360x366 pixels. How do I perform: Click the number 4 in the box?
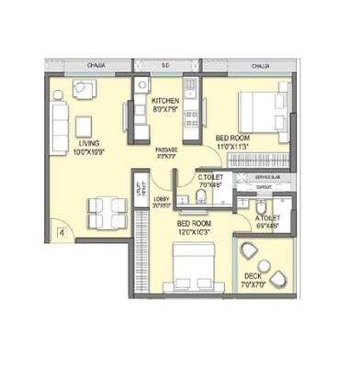(x=62, y=233)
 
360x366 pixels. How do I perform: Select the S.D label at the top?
(x=165, y=64)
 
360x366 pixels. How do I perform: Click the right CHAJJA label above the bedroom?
(x=253, y=64)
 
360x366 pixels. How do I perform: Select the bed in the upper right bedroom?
(x=263, y=114)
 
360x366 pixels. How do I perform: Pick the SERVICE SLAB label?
(x=268, y=176)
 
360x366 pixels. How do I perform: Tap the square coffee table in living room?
(x=84, y=125)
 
